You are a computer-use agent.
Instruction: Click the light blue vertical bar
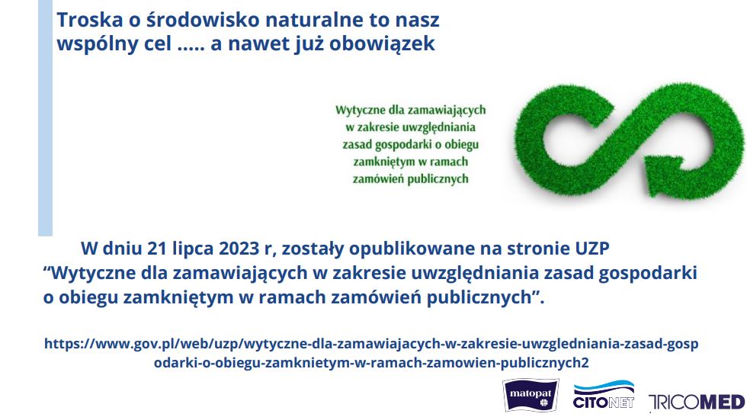(x=45, y=117)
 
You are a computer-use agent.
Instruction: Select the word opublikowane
(x=412, y=249)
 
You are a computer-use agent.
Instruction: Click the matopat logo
(x=531, y=395)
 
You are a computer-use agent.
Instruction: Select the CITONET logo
(x=604, y=395)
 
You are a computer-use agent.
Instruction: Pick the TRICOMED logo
(x=697, y=402)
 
